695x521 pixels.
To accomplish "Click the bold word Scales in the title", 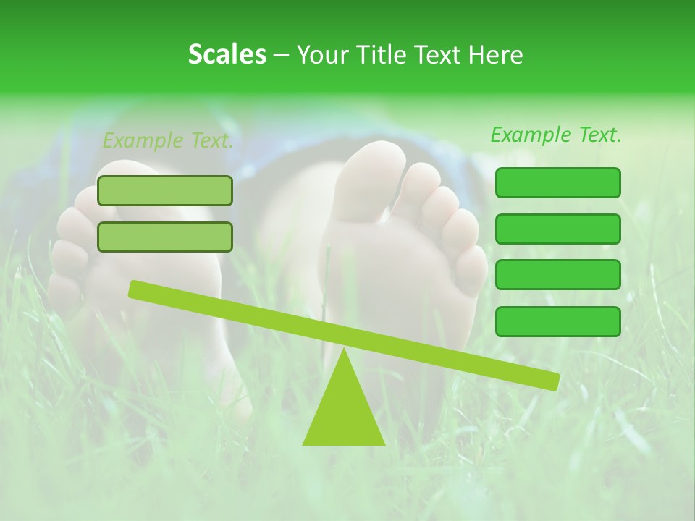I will click(227, 54).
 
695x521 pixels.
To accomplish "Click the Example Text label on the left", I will click(168, 140).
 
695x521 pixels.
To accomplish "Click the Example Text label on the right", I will click(556, 135).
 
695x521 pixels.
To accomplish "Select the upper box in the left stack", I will click(165, 190).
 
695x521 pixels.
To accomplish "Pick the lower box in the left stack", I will click(165, 237).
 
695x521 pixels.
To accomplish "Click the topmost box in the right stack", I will click(557, 182).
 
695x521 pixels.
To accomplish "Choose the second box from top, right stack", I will click(557, 229).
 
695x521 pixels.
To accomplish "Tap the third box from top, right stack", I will click(557, 275).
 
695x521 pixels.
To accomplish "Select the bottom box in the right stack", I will click(557, 321).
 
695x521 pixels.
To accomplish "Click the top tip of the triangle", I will click(344, 350).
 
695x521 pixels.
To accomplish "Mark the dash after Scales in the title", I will click(281, 55).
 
